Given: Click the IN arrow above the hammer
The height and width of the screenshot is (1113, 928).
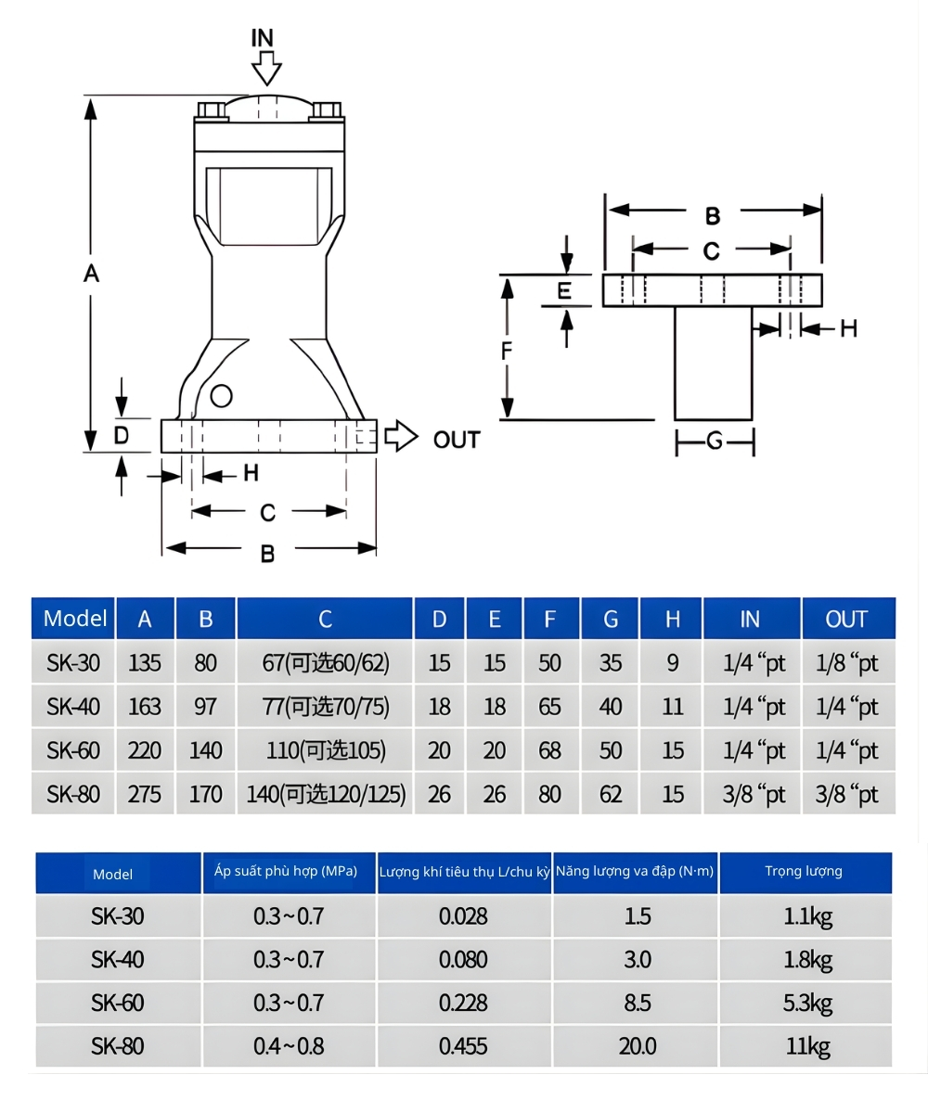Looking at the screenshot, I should [x=266, y=69].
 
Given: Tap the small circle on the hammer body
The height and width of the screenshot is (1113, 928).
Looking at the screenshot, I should [x=221, y=396].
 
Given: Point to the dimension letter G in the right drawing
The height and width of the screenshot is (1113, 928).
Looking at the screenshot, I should [x=715, y=441].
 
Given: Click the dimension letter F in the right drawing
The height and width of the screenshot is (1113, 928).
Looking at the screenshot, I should [x=507, y=351].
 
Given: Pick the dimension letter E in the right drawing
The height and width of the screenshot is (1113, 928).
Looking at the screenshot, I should [x=564, y=291].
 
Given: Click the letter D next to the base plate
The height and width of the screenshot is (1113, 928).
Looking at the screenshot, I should [x=122, y=433].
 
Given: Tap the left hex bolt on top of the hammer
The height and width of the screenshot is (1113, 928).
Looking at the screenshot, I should [x=213, y=110].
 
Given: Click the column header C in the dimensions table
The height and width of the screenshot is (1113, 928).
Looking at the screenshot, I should [x=325, y=619].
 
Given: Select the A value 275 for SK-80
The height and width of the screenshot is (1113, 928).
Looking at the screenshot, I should [x=145, y=794].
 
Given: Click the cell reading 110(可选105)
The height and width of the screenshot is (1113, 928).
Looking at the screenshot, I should [x=325, y=750].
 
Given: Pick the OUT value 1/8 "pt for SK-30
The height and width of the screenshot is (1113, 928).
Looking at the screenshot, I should [x=847, y=663].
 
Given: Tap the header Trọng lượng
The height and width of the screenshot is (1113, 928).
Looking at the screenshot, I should [x=804, y=871].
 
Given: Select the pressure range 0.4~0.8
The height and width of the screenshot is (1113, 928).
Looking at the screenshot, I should [x=289, y=1046].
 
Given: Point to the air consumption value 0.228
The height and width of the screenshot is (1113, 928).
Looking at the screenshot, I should [x=463, y=1003].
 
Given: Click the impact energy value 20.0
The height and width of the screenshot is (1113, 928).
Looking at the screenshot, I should [x=638, y=1046].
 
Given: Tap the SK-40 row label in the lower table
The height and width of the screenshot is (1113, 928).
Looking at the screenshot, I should [x=118, y=959].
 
